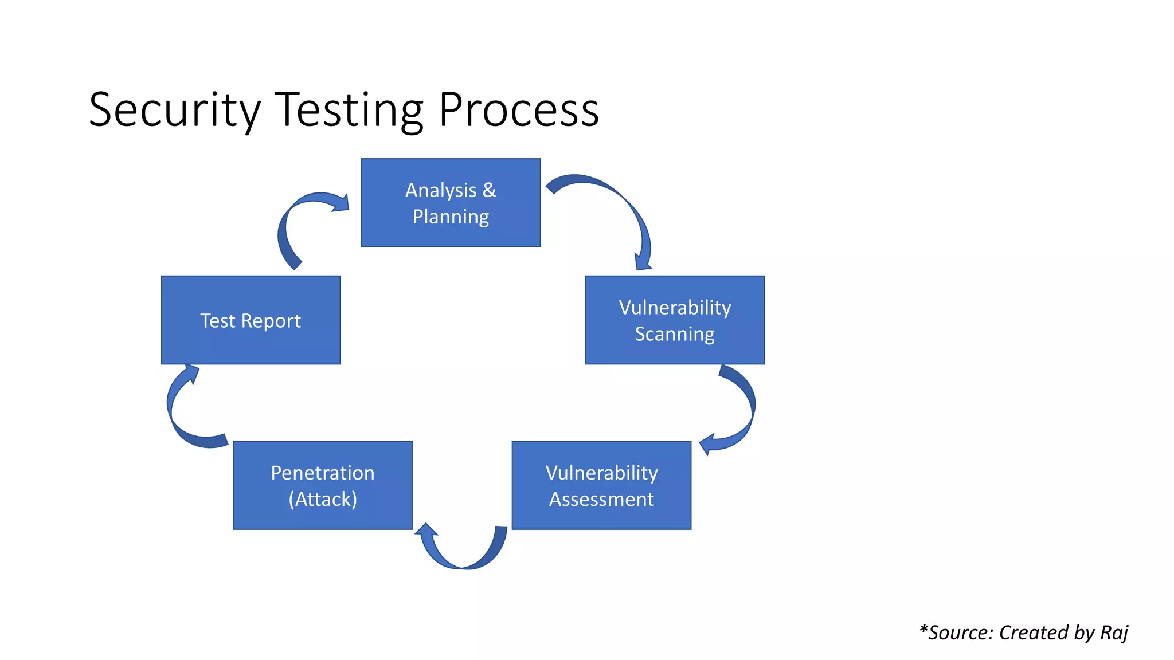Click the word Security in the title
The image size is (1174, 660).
tap(175, 110)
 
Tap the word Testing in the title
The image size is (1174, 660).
tap(349, 110)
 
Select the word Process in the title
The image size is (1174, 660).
tap(519, 110)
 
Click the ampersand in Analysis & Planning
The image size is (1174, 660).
tap(489, 190)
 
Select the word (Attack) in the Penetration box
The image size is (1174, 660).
tap(323, 499)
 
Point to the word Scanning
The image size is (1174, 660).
tap(675, 334)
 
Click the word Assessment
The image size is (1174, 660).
tap(601, 499)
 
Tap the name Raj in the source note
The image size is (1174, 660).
tap(1114, 632)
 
